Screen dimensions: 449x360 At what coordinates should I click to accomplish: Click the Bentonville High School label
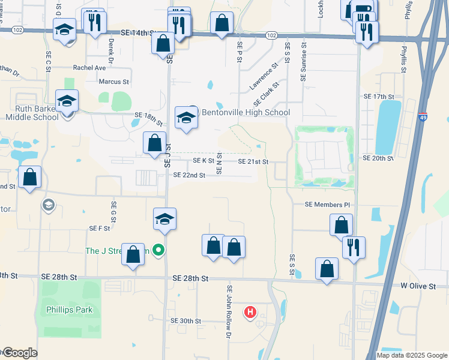[x=246, y=112]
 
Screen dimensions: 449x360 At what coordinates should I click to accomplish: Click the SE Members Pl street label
[x=327, y=205]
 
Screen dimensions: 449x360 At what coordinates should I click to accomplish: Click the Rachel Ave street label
[x=89, y=68]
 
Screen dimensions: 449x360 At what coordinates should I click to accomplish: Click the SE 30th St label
[x=185, y=321]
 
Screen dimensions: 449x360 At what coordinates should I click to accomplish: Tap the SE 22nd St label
[x=189, y=175]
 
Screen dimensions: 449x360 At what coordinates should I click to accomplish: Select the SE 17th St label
[x=379, y=96]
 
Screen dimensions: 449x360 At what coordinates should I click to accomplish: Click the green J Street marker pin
[x=158, y=250]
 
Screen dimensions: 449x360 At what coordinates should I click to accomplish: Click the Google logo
[x=19, y=353]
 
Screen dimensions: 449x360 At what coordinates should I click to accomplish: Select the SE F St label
[x=100, y=228]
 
